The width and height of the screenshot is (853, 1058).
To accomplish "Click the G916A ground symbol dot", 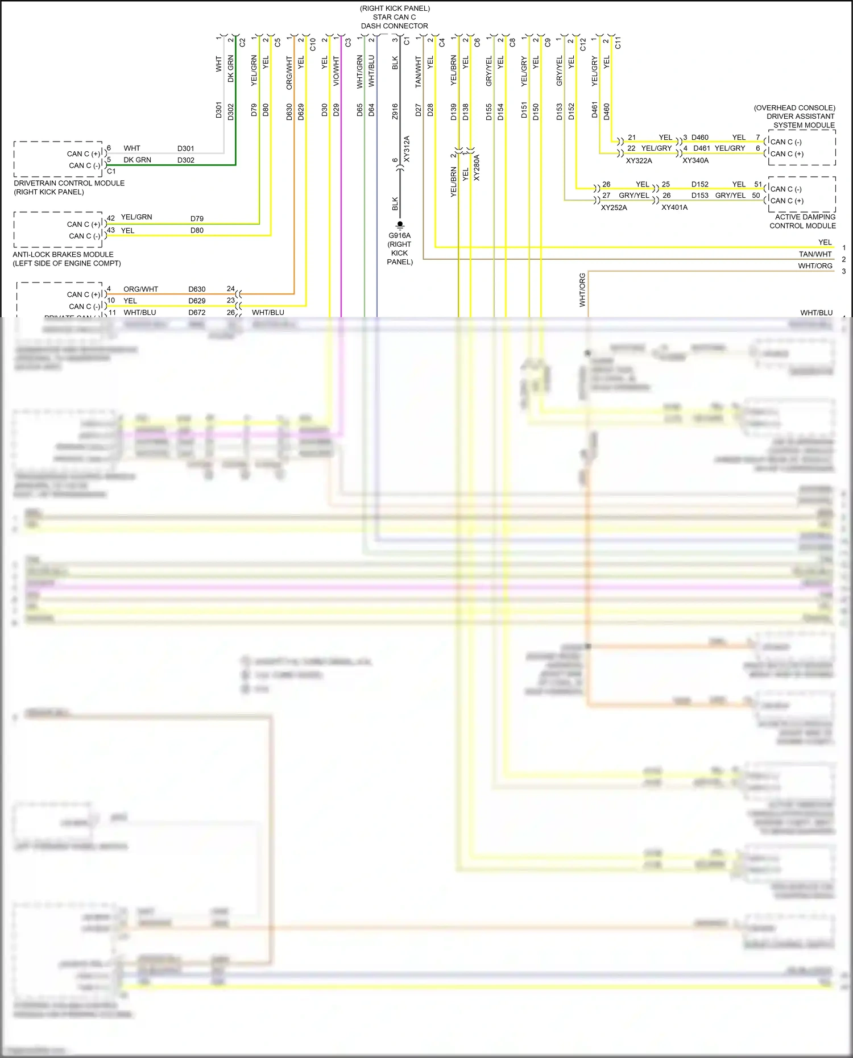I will click(400, 223).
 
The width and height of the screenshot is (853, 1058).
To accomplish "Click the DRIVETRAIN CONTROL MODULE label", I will click(69, 183).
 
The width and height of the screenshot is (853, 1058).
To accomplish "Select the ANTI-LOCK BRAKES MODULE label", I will click(63, 254).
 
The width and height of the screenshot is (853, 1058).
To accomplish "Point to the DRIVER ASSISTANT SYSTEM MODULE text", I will click(801, 117).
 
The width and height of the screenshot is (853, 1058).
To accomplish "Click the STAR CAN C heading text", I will click(394, 17).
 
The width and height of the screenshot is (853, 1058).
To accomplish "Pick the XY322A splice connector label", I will click(639, 161).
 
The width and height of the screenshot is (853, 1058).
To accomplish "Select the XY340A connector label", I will click(695, 161).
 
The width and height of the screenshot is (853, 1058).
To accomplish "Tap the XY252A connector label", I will click(614, 208).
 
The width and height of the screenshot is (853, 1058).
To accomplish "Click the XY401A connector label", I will click(674, 208).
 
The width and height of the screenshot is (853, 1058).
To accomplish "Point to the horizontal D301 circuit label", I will click(185, 148).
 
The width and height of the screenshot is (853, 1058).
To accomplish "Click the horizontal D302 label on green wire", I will click(185, 160).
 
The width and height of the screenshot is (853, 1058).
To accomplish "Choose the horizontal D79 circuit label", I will click(197, 218).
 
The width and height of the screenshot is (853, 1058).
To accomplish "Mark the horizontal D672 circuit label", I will click(197, 312).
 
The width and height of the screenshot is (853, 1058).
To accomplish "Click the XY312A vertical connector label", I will click(407, 149).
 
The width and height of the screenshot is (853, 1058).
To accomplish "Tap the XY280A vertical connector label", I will click(477, 168).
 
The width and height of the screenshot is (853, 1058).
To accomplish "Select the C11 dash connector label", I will click(618, 42).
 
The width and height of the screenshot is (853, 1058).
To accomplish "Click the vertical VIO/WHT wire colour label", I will click(336, 71).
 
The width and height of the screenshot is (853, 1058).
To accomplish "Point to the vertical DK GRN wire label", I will click(230, 69).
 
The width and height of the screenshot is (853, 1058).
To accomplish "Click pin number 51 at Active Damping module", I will click(758, 184).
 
